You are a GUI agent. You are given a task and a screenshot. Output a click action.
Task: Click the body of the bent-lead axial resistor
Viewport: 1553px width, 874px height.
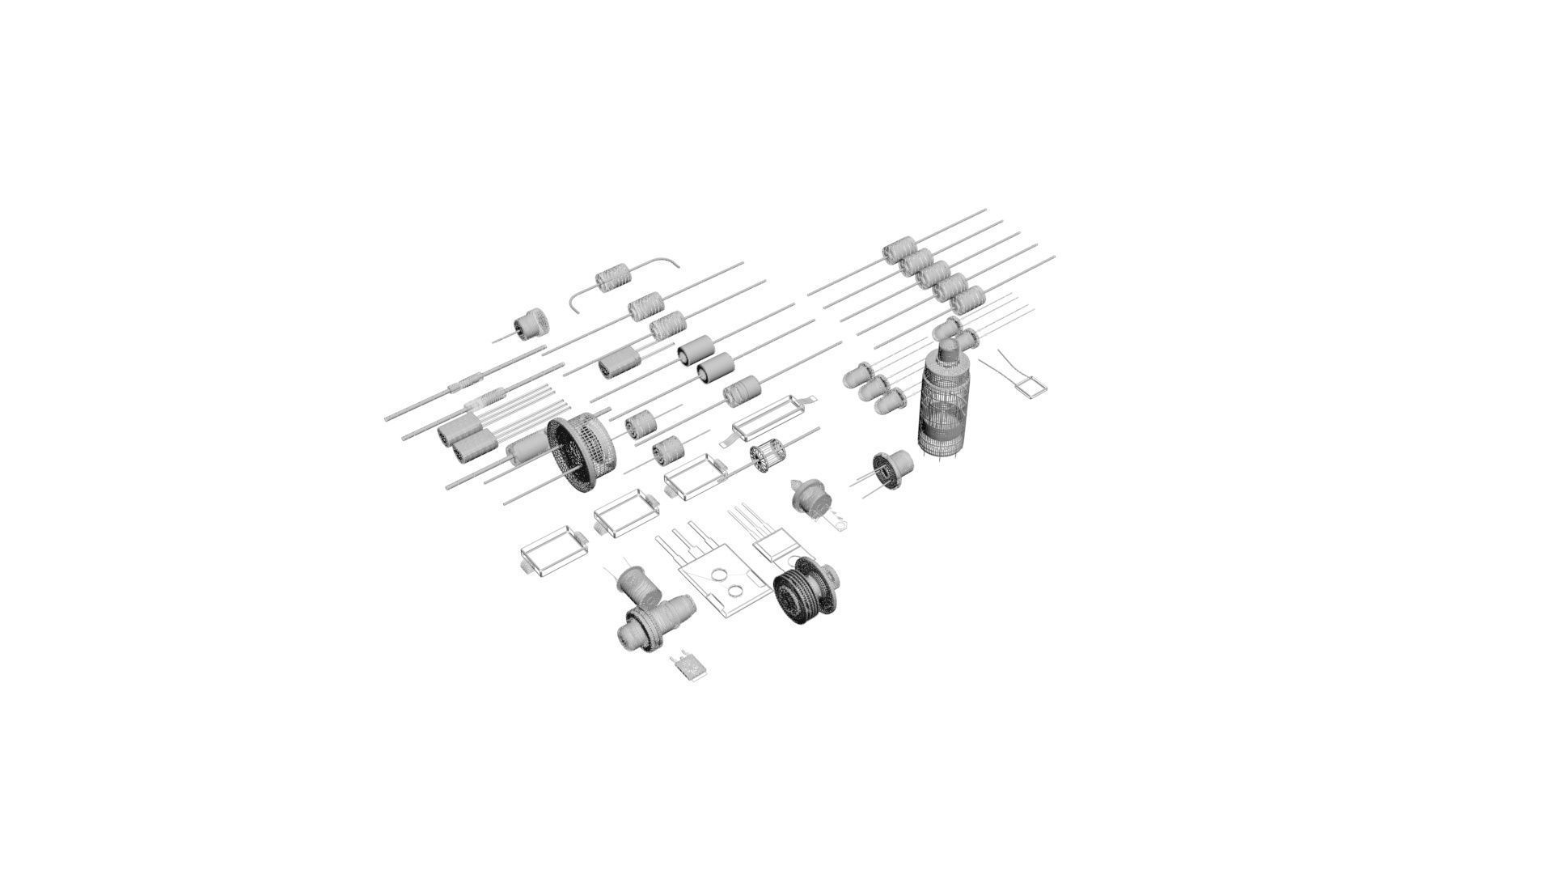point(612,279)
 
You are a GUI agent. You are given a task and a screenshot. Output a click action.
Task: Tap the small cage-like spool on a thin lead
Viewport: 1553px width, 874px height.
point(764,456)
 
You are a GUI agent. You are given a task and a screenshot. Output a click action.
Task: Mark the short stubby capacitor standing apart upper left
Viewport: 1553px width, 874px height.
point(531,324)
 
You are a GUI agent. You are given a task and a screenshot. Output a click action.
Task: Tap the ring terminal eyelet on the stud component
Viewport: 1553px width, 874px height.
point(841,527)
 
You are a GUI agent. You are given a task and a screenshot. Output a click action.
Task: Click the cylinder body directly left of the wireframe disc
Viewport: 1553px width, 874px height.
point(527,446)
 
